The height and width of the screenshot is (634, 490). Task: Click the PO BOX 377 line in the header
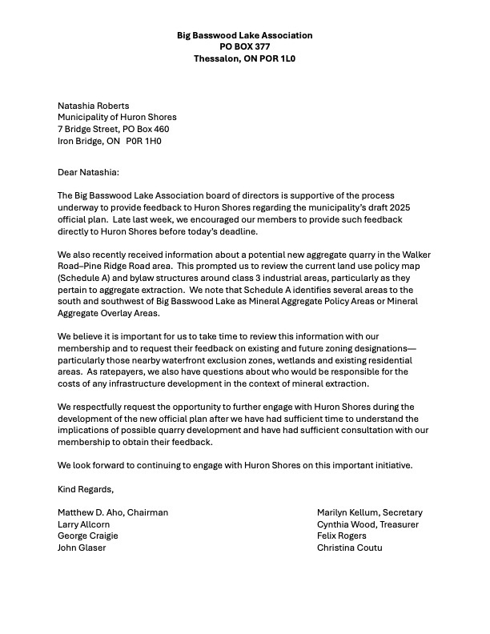[244, 46]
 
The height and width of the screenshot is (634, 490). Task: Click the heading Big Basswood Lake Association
[244, 35]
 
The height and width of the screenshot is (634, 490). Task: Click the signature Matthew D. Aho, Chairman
[113, 512]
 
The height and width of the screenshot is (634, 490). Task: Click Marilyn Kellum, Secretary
[369, 512]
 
